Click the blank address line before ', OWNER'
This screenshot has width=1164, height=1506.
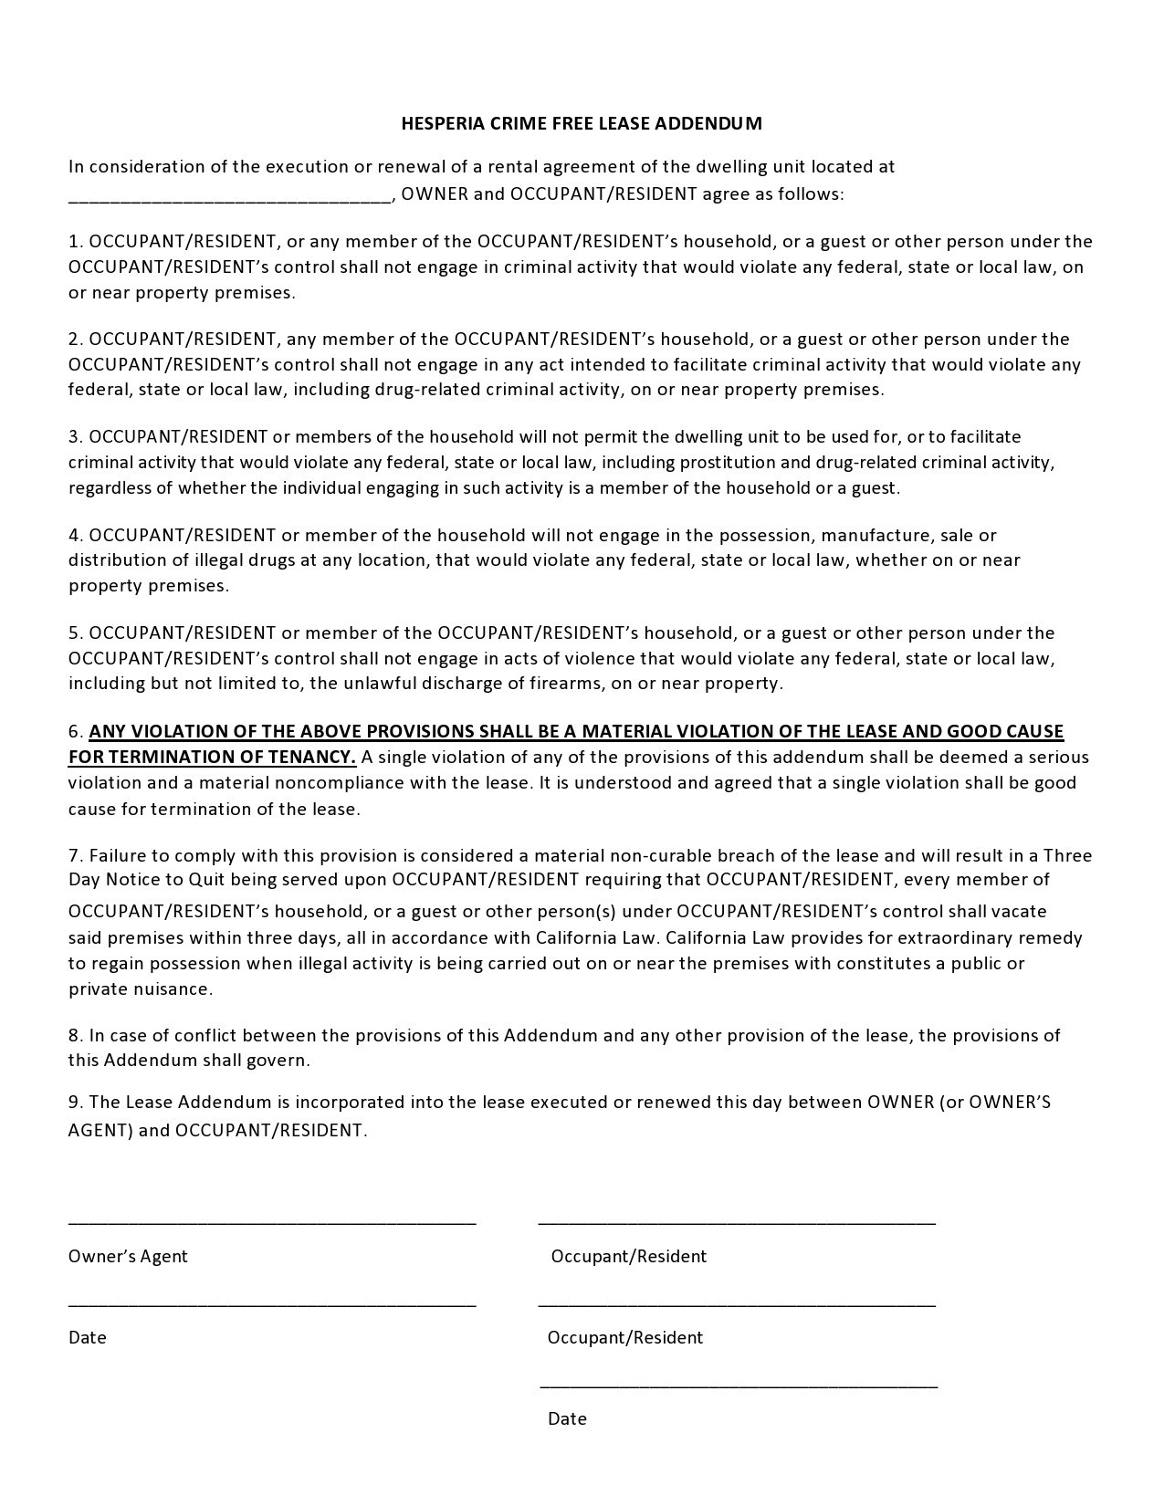pos(229,195)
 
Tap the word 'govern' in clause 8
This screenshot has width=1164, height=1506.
pos(282,1061)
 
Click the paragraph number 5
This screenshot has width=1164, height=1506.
pos(75,633)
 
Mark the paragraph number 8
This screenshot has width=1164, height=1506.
pos(75,1035)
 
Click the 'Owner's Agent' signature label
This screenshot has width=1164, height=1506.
pos(128,1256)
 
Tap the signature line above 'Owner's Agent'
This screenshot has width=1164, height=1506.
pos(272,1221)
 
